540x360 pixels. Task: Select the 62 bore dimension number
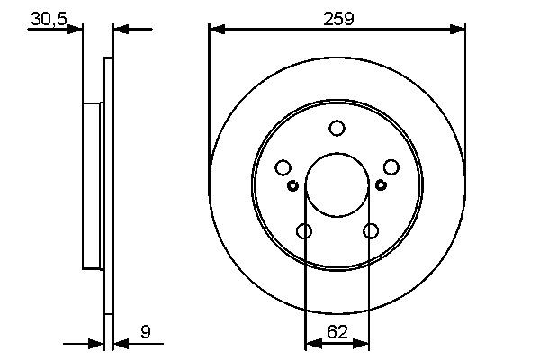point(337,332)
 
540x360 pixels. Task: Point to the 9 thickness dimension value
point(145,332)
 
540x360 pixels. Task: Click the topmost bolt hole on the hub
point(337,129)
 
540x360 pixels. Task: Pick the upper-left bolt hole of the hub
point(283,167)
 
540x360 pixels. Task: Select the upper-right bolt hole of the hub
point(391,167)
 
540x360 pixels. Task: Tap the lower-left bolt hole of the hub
point(304,231)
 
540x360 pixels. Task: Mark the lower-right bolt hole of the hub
point(370,231)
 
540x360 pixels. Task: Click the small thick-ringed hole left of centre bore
point(293,185)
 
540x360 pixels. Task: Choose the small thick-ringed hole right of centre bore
point(381,185)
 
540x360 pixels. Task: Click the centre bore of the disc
point(337,184)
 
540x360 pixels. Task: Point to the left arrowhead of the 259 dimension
point(216,30)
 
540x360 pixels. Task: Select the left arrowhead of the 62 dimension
point(312,343)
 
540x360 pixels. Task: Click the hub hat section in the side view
point(93,184)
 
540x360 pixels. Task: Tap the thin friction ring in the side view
point(109,184)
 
